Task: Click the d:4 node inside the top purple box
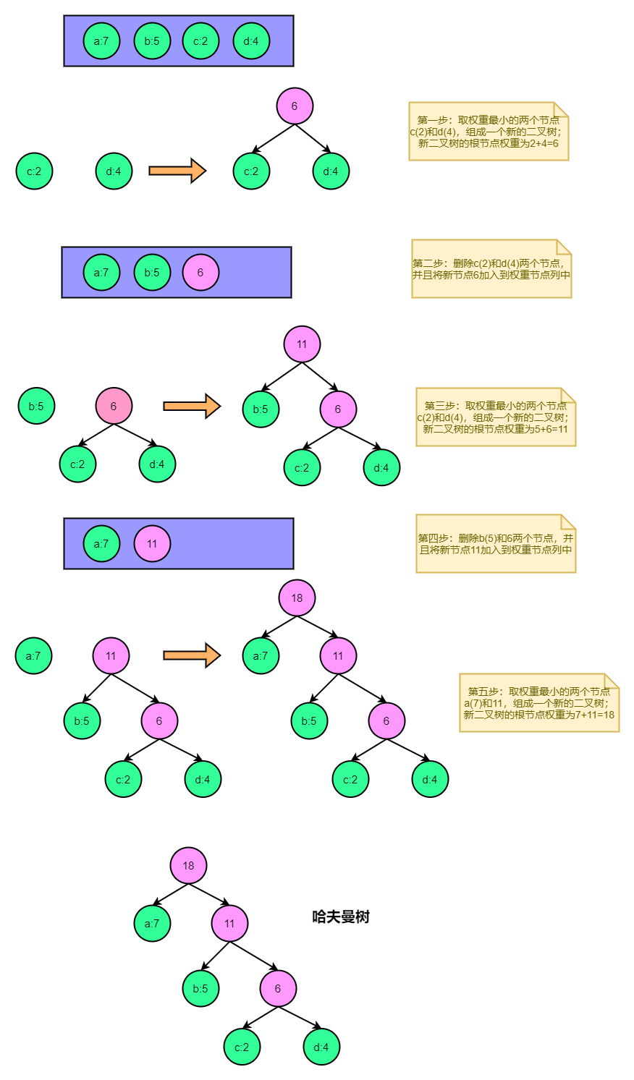(x=251, y=41)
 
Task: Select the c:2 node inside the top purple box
(x=200, y=41)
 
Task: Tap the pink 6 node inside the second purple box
(x=200, y=273)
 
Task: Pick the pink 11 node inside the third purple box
(x=152, y=544)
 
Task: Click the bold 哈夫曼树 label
(x=341, y=917)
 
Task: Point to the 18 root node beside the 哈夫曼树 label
(x=188, y=866)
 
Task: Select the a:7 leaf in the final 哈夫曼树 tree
(x=152, y=924)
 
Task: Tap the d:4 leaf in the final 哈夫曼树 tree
(x=321, y=1047)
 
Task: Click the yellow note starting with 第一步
(x=489, y=131)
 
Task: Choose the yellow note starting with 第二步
(x=491, y=268)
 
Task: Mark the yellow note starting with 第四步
(x=496, y=543)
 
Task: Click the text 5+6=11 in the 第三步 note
(x=551, y=429)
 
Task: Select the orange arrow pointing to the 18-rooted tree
(x=191, y=655)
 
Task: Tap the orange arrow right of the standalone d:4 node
(x=177, y=171)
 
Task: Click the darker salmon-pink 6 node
(x=114, y=407)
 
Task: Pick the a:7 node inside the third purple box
(x=101, y=544)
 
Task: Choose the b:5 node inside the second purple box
(x=152, y=273)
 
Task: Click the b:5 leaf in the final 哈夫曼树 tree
(x=200, y=989)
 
